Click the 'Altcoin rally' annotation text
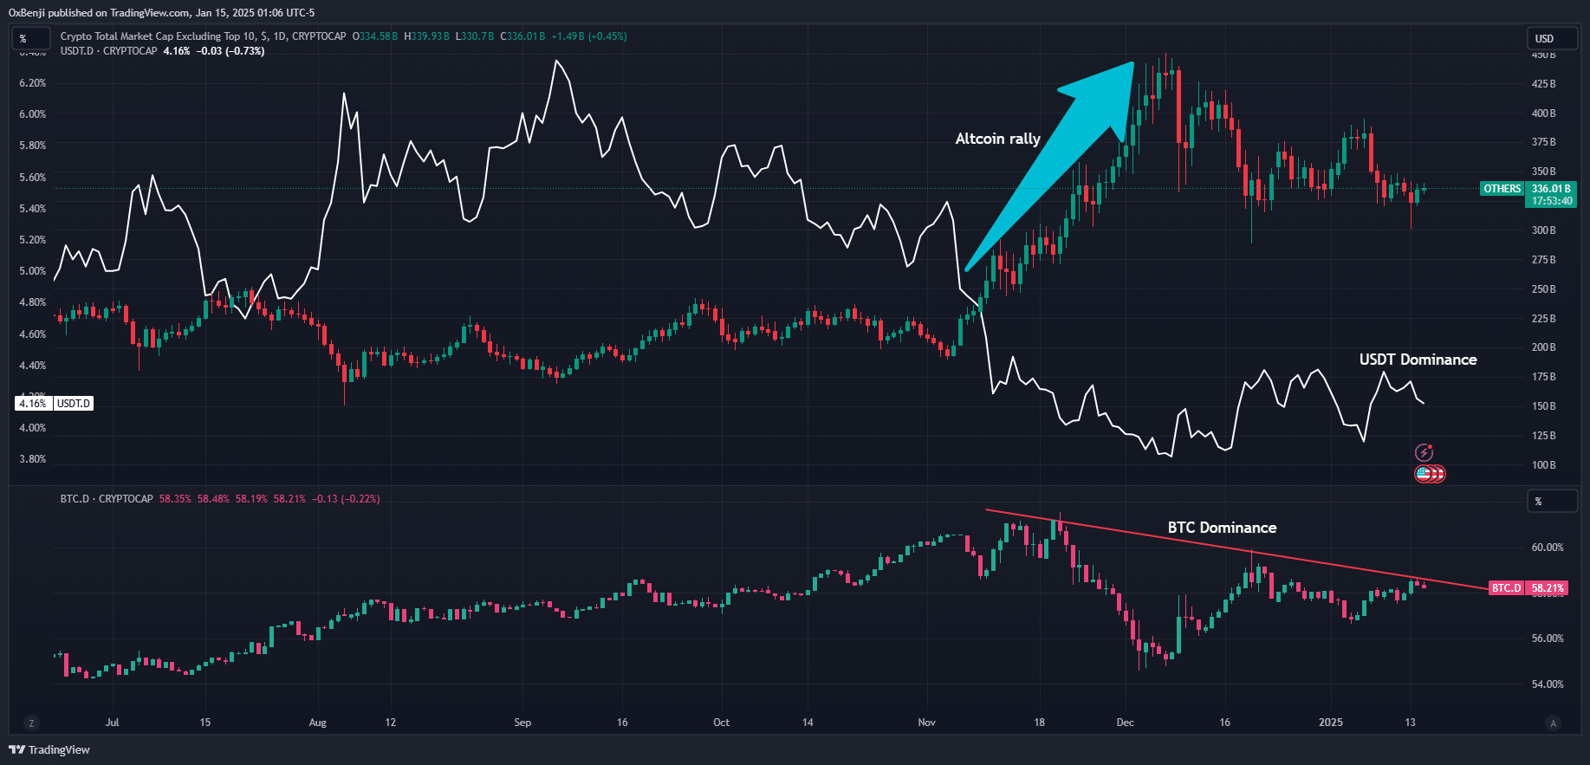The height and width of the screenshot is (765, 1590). coord(997,139)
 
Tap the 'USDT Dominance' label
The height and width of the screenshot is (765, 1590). coord(1418,360)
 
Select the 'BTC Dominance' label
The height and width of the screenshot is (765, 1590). coord(1222,528)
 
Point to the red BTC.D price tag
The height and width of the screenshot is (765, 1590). coord(1528,588)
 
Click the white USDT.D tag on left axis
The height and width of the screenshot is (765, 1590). coord(54,404)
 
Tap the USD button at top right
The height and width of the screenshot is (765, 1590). coord(1551,38)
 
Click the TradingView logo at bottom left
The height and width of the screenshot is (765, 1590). coord(49,749)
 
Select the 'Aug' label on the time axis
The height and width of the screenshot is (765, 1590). coord(318,723)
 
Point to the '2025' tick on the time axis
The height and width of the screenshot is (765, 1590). coord(1330,723)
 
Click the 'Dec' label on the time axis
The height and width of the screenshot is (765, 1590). coord(1125,723)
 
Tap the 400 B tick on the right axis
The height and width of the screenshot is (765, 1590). coord(1543,113)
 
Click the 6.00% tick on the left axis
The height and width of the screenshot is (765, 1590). coord(33,114)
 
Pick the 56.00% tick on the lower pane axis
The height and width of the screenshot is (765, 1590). coord(1548,639)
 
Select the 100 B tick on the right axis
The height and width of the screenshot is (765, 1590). coord(1543,465)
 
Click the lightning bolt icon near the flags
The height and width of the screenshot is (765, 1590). coord(1424,452)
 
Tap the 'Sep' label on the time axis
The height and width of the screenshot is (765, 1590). coord(522,723)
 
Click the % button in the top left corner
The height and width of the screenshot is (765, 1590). coord(23,38)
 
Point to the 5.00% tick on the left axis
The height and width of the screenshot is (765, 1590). coord(33,271)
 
